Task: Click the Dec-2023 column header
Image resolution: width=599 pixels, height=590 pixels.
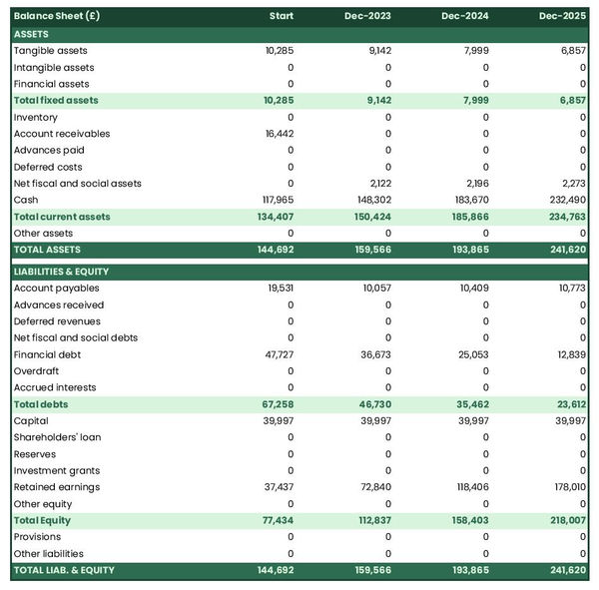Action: [370, 17]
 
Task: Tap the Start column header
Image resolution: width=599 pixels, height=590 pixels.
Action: [282, 17]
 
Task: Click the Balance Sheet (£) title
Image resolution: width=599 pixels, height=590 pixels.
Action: [57, 17]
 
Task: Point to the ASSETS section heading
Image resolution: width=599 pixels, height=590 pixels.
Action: [31, 34]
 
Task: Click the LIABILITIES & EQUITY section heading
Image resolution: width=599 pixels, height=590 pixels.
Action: [61, 272]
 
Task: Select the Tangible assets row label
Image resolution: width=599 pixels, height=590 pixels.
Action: [50, 51]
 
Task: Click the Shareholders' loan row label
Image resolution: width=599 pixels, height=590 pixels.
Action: [57, 437]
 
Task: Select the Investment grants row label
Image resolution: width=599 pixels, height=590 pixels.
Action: [56, 470]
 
